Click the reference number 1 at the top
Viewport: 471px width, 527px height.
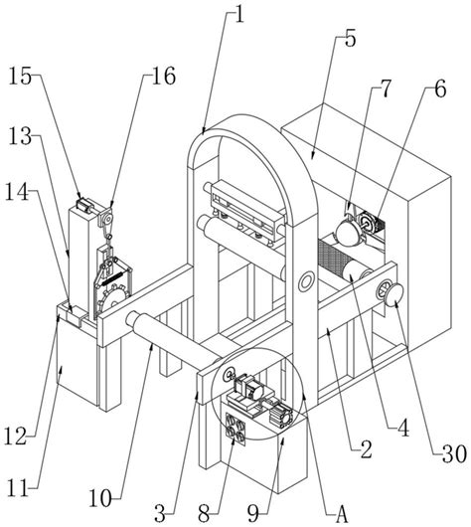(238, 14)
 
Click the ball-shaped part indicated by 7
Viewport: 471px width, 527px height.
(348, 234)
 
